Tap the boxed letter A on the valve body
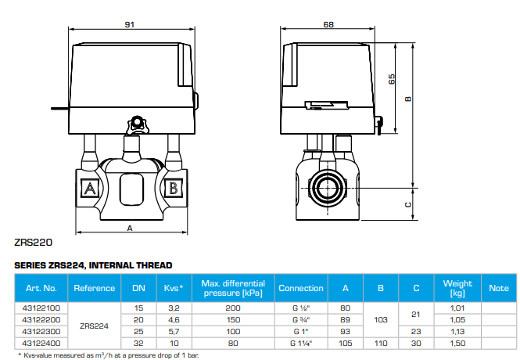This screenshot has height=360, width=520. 89,189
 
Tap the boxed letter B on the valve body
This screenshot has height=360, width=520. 174,189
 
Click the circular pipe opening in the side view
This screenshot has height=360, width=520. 328,189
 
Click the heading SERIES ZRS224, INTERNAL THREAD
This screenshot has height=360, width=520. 93,266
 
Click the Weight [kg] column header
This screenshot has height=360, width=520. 457,288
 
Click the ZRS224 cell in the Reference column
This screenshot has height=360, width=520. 94,326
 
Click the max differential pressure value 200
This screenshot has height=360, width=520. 233,308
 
